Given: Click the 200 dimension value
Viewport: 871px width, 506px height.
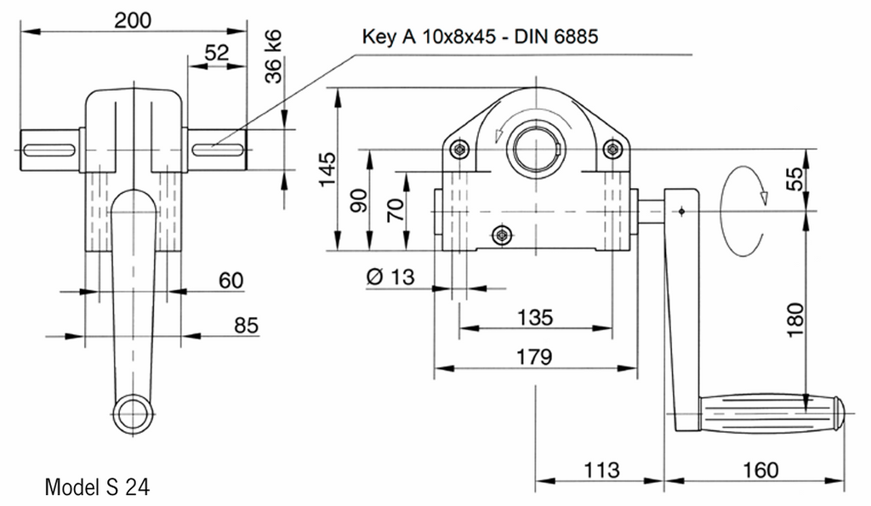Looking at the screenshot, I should (134, 20).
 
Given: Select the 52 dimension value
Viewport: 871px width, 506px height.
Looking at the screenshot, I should (217, 53).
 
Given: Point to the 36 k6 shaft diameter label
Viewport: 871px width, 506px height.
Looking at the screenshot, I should (274, 56).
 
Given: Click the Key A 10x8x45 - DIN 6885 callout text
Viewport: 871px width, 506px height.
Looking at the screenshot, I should (481, 37).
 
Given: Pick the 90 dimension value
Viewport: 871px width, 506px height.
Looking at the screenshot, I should (360, 202).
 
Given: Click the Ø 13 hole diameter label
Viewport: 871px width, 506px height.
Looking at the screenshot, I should (391, 278).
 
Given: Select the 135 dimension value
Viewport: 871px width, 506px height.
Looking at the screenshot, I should (535, 317).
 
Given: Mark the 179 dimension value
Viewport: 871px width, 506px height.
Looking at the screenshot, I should (535, 356).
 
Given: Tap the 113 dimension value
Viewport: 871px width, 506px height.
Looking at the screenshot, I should (600, 469).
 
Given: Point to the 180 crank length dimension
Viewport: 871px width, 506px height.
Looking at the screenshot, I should (795, 319).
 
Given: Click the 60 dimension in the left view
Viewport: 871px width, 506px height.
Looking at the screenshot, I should (231, 280).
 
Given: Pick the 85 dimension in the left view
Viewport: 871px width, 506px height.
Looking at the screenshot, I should (244, 325).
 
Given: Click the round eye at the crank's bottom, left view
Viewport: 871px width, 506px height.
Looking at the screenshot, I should (133, 414).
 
